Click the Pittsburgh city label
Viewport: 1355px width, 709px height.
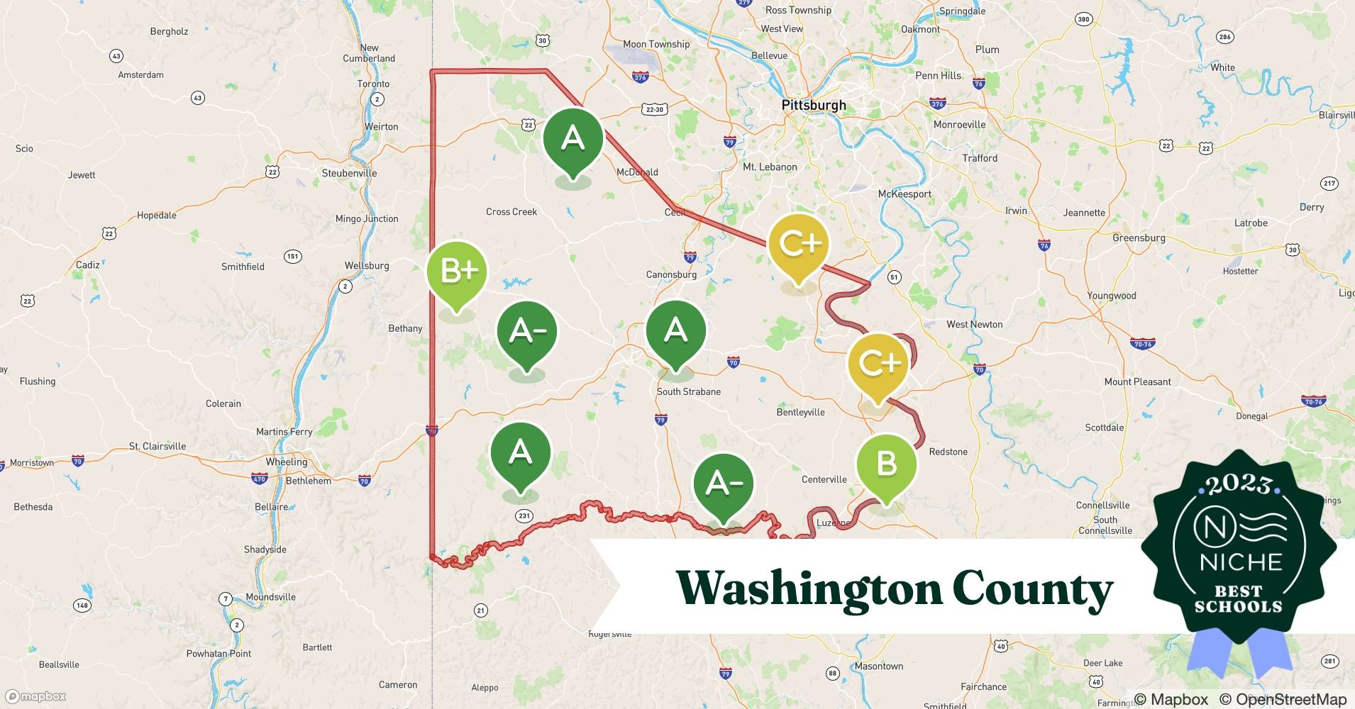813,106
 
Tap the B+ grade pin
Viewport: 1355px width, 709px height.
457,272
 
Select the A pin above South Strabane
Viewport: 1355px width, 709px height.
675,331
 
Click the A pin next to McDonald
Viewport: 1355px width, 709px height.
573,138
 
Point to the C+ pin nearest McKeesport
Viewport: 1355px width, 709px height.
799,244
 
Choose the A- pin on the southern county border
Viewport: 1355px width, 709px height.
723,484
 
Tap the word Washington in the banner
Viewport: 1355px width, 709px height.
809,588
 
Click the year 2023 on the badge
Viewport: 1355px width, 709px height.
1239,484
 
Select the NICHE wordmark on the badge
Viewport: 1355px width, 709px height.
1241,562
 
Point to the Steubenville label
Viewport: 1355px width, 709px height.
349,173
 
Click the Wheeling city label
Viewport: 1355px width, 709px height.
287,462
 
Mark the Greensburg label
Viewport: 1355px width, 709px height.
1139,238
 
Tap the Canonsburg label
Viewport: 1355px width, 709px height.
671,274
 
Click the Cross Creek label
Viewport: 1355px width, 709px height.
511,211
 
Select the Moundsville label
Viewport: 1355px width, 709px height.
270,597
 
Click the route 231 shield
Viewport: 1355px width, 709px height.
524,515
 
